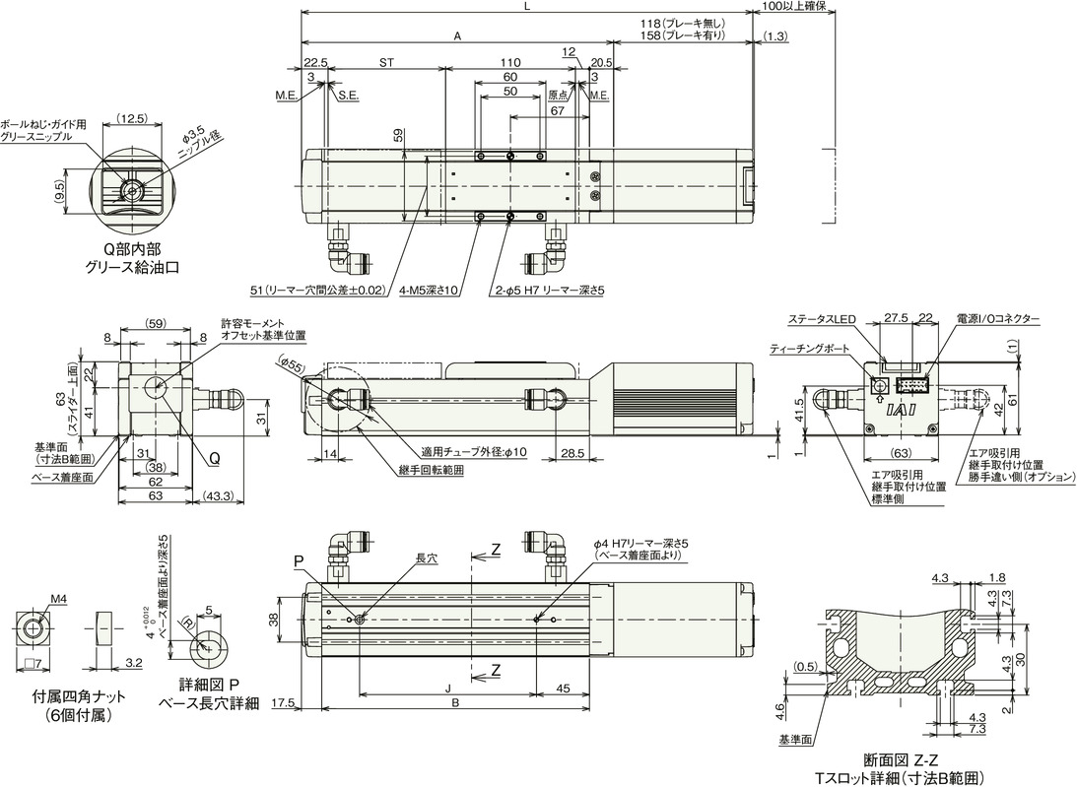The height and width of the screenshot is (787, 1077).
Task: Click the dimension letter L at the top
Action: coord(528,6)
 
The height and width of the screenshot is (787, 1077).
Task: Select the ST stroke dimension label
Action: coord(386,61)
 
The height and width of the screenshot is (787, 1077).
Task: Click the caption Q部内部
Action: coord(130,250)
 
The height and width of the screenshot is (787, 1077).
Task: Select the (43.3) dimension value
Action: coord(219,495)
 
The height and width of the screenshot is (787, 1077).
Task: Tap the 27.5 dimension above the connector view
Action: coord(896,319)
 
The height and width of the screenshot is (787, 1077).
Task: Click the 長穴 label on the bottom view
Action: coord(426,557)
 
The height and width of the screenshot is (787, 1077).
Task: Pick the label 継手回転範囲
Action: coord(433,470)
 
